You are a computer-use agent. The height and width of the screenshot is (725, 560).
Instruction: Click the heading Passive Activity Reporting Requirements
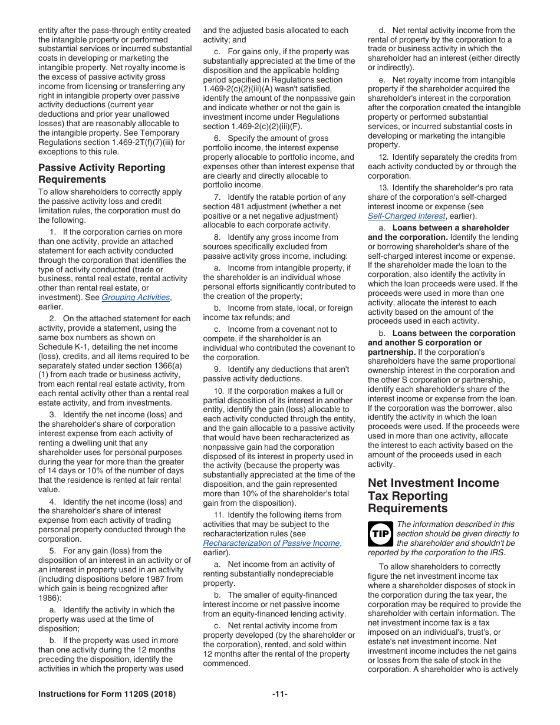tap(101, 173)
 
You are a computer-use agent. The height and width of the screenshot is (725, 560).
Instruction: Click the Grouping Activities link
tap(136, 298)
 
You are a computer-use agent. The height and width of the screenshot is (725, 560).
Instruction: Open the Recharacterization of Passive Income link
tap(271, 543)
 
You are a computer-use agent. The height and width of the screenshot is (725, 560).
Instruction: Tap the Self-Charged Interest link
tap(406, 216)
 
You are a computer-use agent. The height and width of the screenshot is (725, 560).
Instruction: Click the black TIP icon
tap(380, 534)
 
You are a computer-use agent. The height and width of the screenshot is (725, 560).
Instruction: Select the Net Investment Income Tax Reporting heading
tap(433, 495)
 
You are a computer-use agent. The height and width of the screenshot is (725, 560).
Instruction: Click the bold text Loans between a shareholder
tap(450, 228)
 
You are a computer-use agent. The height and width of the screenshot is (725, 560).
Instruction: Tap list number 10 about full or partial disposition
tap(218, 391)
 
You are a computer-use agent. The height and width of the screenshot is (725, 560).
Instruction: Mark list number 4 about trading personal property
tap(52, 502)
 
